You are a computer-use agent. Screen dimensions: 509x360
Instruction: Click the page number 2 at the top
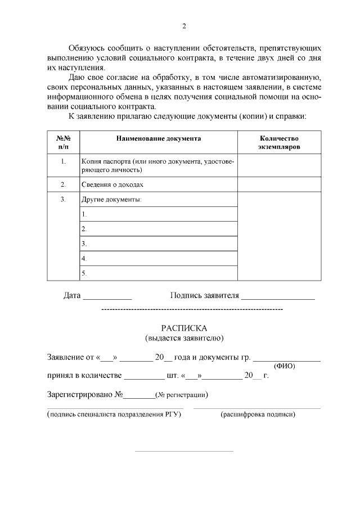[184, 26]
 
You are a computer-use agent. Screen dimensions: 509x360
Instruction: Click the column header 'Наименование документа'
[158, 138]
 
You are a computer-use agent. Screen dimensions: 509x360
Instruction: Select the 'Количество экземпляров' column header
[279, 142]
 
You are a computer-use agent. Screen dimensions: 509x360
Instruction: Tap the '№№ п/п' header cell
[64, 142]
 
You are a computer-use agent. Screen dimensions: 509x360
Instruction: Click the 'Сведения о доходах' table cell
[112, 184]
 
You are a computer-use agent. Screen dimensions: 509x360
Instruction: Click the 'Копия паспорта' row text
[157, 165]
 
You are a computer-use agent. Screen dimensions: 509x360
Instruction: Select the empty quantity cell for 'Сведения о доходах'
[279, 184]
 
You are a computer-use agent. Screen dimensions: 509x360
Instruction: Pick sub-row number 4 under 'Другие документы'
[157, 258]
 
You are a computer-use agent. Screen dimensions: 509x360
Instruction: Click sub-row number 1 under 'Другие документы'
[157, 214]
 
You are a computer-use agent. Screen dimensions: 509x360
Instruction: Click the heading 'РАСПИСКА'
[184, 328]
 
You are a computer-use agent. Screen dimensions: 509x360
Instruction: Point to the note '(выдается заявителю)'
[184, 338]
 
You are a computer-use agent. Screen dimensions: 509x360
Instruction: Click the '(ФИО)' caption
[287, 366]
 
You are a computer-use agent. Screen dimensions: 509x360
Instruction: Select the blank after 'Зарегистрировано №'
[139, 395]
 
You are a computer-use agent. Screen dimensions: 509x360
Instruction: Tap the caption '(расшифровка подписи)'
[258, 415]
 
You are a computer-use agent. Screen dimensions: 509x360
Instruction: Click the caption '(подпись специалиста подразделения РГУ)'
[115, 415]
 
